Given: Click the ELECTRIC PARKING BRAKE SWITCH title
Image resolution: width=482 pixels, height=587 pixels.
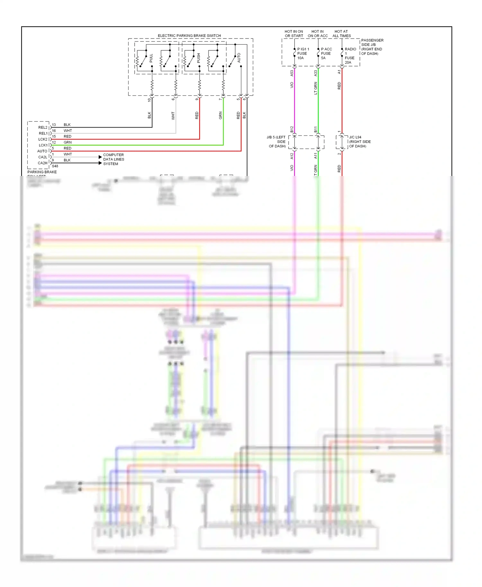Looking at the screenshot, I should [189, 36].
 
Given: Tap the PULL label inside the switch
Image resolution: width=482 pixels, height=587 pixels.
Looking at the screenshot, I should [151, 58].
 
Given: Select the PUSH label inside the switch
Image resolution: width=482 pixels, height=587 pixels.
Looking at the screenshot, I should [199, 58].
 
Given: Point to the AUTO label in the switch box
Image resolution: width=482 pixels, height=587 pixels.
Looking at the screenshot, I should [239, 58].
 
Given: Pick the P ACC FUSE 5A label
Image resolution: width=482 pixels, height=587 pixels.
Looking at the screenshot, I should [326, 54].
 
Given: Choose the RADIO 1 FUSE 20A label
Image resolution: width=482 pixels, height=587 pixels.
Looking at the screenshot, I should [350, 56].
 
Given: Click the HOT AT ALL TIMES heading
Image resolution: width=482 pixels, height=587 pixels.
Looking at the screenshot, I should [342, 34].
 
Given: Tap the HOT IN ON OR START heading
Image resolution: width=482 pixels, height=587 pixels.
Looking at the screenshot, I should [294, 34].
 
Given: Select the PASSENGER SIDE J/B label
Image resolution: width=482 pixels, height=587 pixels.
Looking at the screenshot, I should [372, 47].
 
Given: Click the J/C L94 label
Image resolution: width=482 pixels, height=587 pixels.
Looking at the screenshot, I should [355, 137].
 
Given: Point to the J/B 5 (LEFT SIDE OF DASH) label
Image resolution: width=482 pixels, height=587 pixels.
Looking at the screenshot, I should [277, 142].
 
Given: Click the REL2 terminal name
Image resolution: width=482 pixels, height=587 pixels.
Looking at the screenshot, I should [43, 127].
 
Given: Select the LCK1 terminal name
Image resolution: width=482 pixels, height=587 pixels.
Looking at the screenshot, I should [43, 145].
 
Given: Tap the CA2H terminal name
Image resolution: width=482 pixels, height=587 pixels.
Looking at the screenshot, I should [42, 163].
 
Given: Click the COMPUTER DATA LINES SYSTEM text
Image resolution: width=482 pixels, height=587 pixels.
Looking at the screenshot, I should [113, 159].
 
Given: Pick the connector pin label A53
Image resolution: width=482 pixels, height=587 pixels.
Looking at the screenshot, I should [292, 73].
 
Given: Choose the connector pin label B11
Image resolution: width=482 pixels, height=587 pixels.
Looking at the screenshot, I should [316, 129].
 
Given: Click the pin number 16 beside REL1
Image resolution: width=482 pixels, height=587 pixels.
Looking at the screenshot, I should [54, 131].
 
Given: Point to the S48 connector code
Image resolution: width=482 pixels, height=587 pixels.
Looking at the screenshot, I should [55, 166].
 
